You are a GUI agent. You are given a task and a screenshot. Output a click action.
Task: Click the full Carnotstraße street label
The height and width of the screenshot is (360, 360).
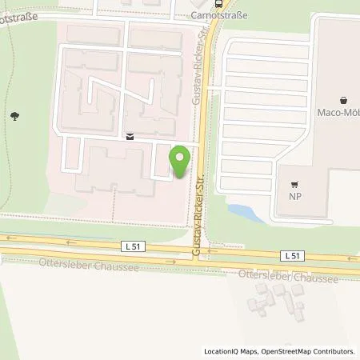[220, 14]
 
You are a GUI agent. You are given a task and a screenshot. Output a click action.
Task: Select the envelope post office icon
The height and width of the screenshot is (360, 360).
[130, 137]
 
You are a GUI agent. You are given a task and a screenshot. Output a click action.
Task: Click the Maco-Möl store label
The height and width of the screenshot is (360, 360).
[340, 114]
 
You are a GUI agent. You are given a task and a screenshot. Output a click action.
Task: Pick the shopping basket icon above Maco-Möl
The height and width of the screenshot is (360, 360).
[344, 100]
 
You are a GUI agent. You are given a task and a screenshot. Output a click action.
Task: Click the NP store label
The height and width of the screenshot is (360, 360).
[294, 193]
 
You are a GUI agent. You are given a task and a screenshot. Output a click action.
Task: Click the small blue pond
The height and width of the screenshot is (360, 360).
[242, 212]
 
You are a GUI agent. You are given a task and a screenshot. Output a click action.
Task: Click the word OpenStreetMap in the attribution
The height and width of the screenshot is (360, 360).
[282, 351]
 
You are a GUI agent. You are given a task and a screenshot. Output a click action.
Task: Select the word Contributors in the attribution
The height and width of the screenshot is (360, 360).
[332, 351]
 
